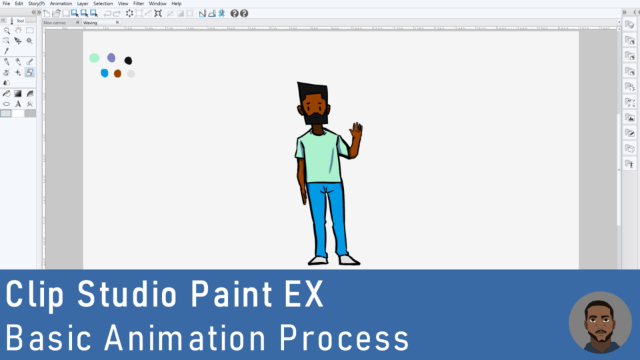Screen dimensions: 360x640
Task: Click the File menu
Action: [x=6, y=3]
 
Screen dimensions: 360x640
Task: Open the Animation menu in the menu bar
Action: [x=61, y=3]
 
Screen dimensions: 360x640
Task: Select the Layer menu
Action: [x=83, y=3]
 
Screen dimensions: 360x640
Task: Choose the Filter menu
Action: [x=139, y=3]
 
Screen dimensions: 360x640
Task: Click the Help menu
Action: [x=177, y=3]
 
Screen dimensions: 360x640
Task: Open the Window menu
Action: [x=158, y=3]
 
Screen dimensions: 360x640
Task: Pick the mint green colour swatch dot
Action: [x=95, y=58]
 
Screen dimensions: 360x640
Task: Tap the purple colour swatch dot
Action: [x=111, y=58]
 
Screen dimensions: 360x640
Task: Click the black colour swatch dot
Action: [x=128, y=61]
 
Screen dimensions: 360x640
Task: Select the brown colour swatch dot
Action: [x=117, y=73]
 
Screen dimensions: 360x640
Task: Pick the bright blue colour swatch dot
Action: [x=104, y=73]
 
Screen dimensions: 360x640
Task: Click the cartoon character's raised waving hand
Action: [x=357, y=131]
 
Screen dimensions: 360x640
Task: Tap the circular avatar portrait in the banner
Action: [x=600, y=322]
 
